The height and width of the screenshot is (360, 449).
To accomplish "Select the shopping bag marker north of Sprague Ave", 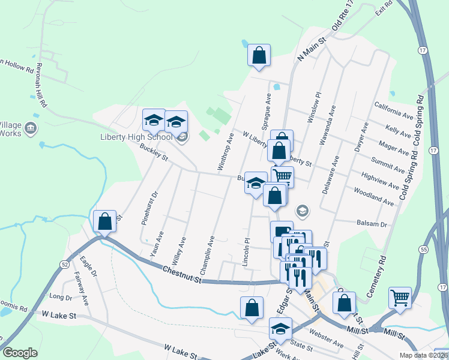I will [x=259, y=56].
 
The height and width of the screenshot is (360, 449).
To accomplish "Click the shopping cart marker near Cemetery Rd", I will [x=400, y=297].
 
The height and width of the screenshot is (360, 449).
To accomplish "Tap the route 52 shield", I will [x=64, y=263].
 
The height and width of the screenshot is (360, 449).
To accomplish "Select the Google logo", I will [x=20, y=353].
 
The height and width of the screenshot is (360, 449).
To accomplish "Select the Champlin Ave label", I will [x=207, y=255].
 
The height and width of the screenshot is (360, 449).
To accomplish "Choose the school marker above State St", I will [x=280, y=328].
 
